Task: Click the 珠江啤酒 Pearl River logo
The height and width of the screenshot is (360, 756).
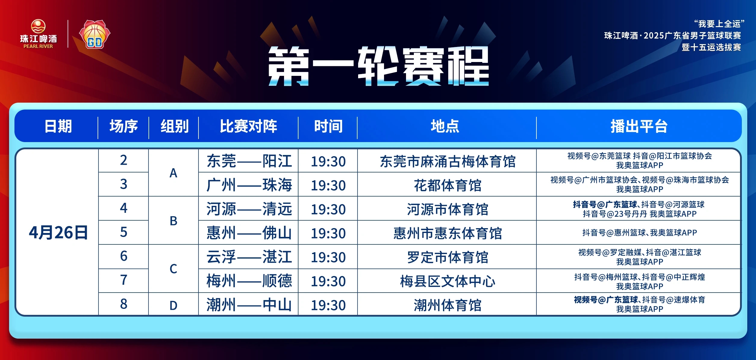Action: pyautogui.click(x=38, y=34)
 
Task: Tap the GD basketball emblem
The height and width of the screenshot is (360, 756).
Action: pyautogui.click(x=95, y=34)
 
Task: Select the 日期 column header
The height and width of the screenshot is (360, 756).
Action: pyautogui.click(x=58, y=126)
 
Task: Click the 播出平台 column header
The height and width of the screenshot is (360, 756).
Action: pyautogui.click(x=639, y=126)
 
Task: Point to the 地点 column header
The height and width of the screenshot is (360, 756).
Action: pyautogui.click(x=445, y=126)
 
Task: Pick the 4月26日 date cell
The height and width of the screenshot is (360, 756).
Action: pyautogui.click(x=58, y=232)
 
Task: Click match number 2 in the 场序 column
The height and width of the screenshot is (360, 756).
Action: pyautogui.click(x=123, y=160)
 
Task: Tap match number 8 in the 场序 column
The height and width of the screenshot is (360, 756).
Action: pyautogui.click(x=123, y=304)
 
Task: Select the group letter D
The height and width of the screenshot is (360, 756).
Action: pyautogui.click(x=173, y=306)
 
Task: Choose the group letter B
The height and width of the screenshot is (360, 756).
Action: pyautogui.click(x=173, y=221)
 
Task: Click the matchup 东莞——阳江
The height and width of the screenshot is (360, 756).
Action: pyautogui.click(x=249, y=161)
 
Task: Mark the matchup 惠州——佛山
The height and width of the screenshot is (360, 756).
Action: pyautogui.click(x=249, y=233)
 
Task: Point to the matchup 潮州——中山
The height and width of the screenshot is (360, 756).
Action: pyautogui.click(x=249, y=305)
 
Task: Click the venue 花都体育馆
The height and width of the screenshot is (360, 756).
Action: pyautogui.click(x=448, y=185)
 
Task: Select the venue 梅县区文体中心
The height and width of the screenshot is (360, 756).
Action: pyautogui.click(x=448, y=281)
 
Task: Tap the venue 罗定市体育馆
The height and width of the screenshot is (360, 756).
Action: pyautogui.click(x=448, y=257)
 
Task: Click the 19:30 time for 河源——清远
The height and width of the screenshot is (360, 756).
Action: pyautogui.click(x=328, y=209)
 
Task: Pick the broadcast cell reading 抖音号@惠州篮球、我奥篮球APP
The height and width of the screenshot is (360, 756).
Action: pyautogui.click(x=639, y=233)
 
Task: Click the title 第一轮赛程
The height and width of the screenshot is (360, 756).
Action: pyautogui.click(x=379, y=66)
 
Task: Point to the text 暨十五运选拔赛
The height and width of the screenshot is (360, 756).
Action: pyautogui.click(x=711, y=47)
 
